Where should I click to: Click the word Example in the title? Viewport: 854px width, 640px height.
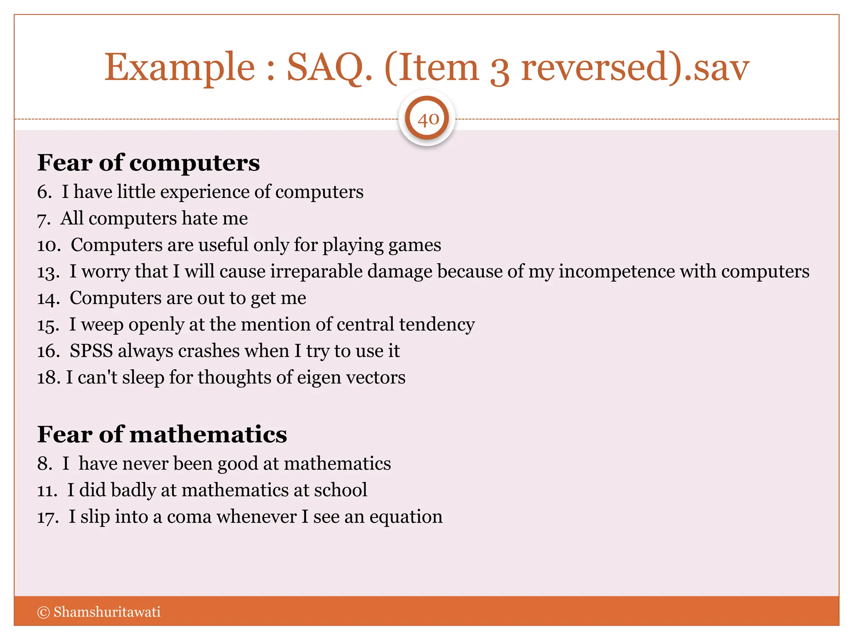pyautogui.click(x=179, y=68)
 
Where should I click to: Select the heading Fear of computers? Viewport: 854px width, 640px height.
pyautogui.click(x=148, y=162)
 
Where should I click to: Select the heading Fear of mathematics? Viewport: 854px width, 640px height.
pyautogui.click(x=162, y=435)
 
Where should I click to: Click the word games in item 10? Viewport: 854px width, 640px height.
pyautogui.click(x=415, y=245)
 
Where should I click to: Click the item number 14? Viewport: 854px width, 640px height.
pyautogui.click(x=48, y=299)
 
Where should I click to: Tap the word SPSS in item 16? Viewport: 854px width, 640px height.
pyautogui.click(x=91, y=351)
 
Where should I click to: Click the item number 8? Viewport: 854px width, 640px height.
pyautogui.click(x=44, y=464)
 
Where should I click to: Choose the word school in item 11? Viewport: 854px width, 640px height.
pyautogui.click(x=340, y=490)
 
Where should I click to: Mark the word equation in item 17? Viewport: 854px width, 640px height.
pyautogui.click(x=405, y=517)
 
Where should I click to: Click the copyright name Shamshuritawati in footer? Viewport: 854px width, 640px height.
pyautogui.click(x=107, y=612)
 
